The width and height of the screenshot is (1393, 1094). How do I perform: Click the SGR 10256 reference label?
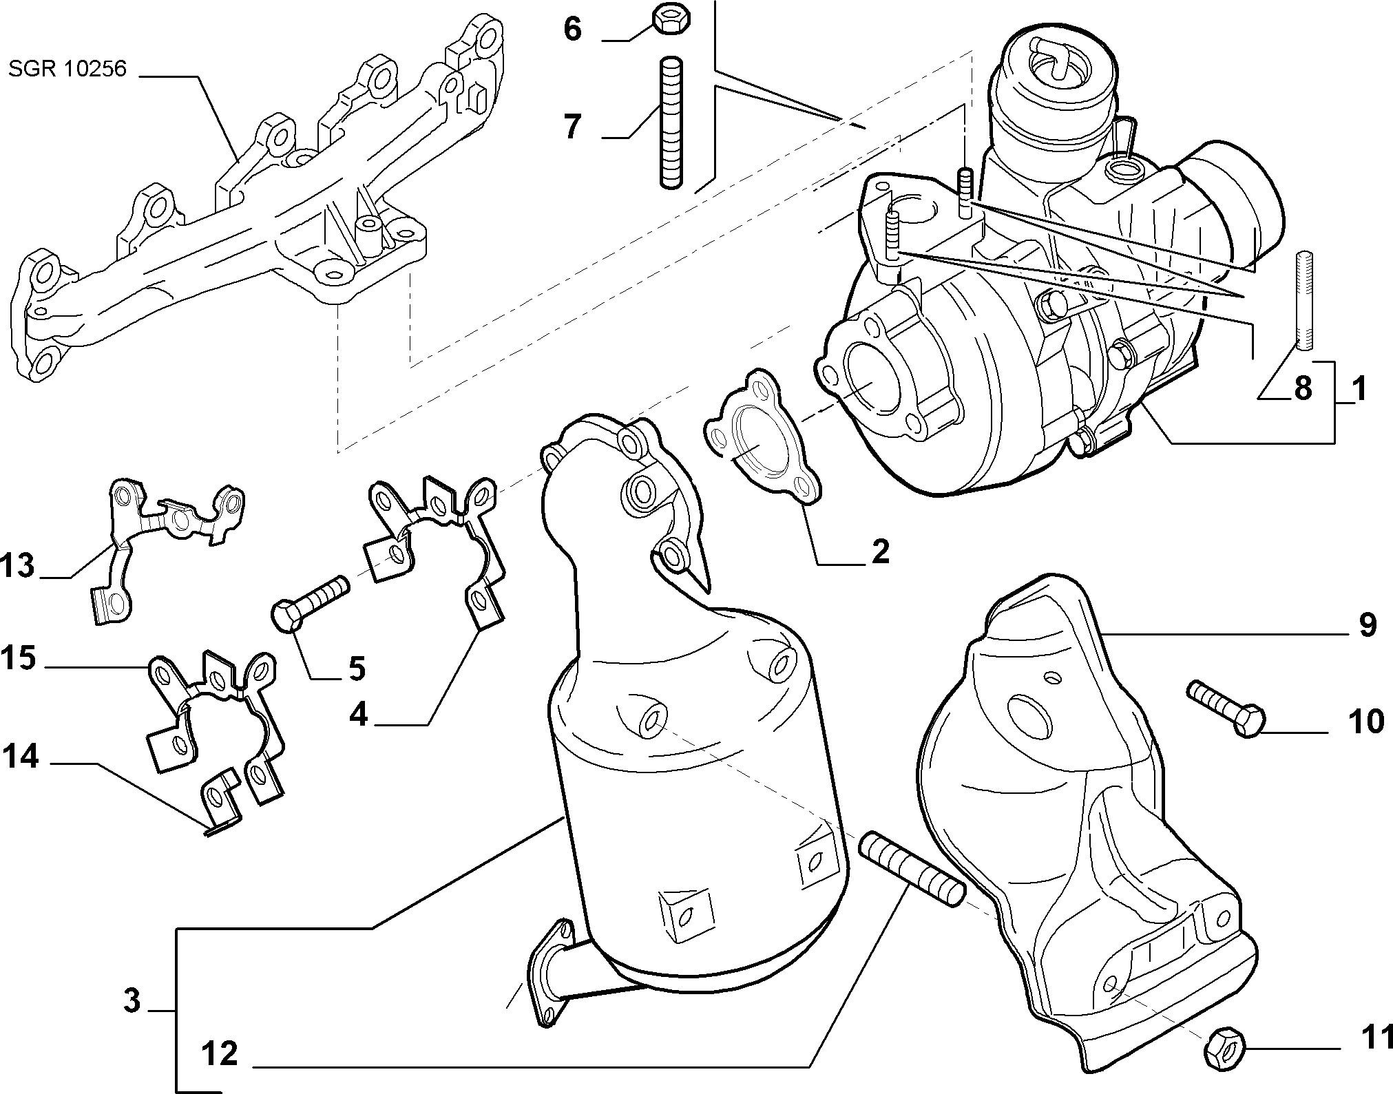tap(67, 70)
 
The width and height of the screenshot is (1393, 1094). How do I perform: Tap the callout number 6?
tap(572, 31)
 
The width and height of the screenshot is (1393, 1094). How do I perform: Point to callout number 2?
tap(880, 551)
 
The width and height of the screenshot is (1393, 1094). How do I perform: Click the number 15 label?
tap(19, 658)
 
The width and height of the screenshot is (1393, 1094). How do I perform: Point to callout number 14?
tap(19, 758)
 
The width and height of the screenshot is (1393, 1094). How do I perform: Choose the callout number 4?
tap(359, 715)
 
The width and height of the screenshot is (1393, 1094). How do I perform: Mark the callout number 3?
tap(132, 1000)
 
